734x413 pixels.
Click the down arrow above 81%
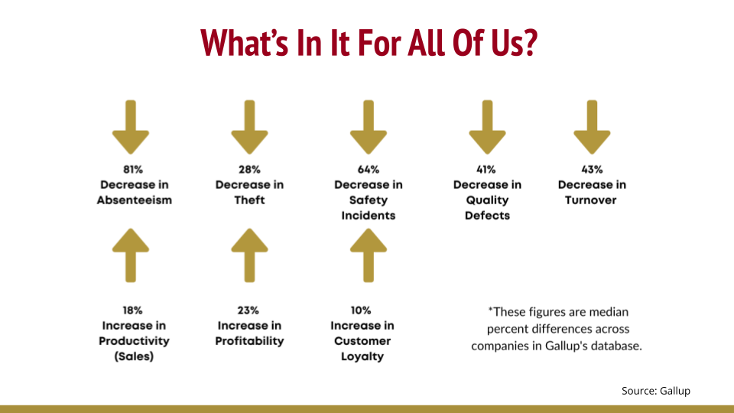[131, 127]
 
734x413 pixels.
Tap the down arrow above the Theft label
[249, 127]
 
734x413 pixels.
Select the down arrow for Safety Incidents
[369, 127]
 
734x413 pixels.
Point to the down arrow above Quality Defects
[487, 127]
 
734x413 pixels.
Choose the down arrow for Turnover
[592, 127]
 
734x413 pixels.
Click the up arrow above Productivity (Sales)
[131, 255]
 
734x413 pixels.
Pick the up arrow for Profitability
[249, 255]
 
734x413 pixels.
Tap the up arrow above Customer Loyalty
[369, 255]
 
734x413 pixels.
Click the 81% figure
[133, 170]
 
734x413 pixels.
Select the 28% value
[249, 170]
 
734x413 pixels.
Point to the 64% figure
[369, 170]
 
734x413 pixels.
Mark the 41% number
[486, 170]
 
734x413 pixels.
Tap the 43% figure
[592, 170]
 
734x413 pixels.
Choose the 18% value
[132, 311]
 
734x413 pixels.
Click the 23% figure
[248, 311]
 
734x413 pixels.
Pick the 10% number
[361, 311]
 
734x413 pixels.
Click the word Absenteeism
[135, 200]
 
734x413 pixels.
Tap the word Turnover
[591, 200]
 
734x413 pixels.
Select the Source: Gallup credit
[656, 391]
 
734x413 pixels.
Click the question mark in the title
[531, 43]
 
